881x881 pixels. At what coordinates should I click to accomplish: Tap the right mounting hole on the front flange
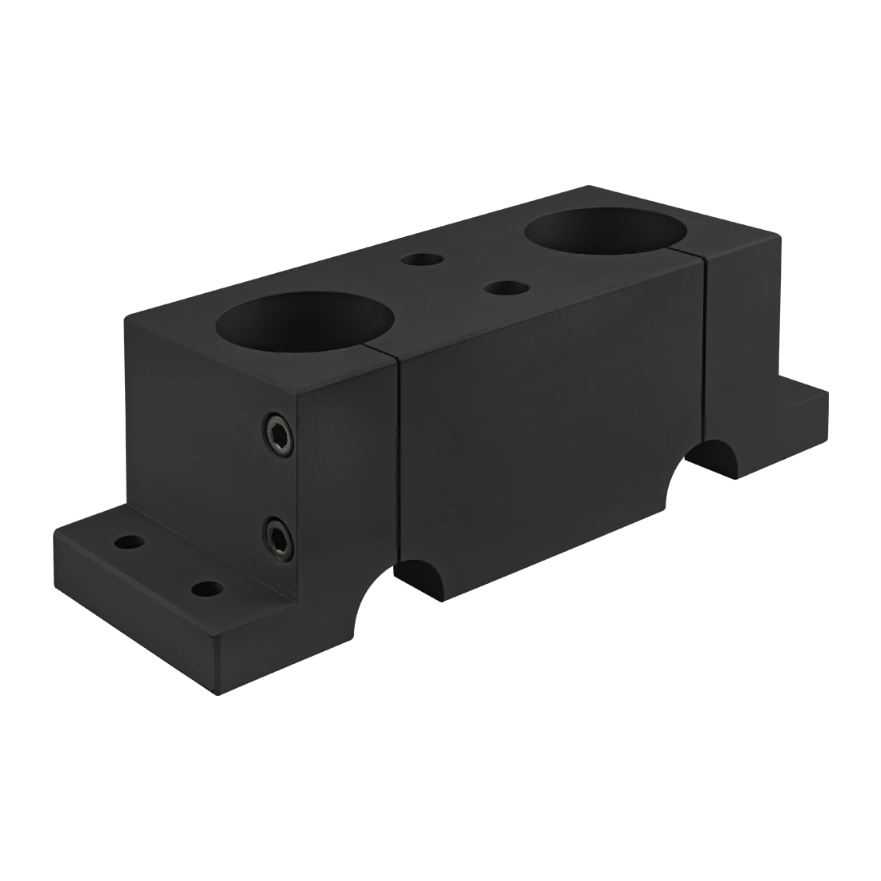tap(206, 591)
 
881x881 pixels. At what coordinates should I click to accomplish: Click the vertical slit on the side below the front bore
tap(398, 465)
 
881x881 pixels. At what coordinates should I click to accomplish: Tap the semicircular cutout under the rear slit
tap(709, 461)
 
